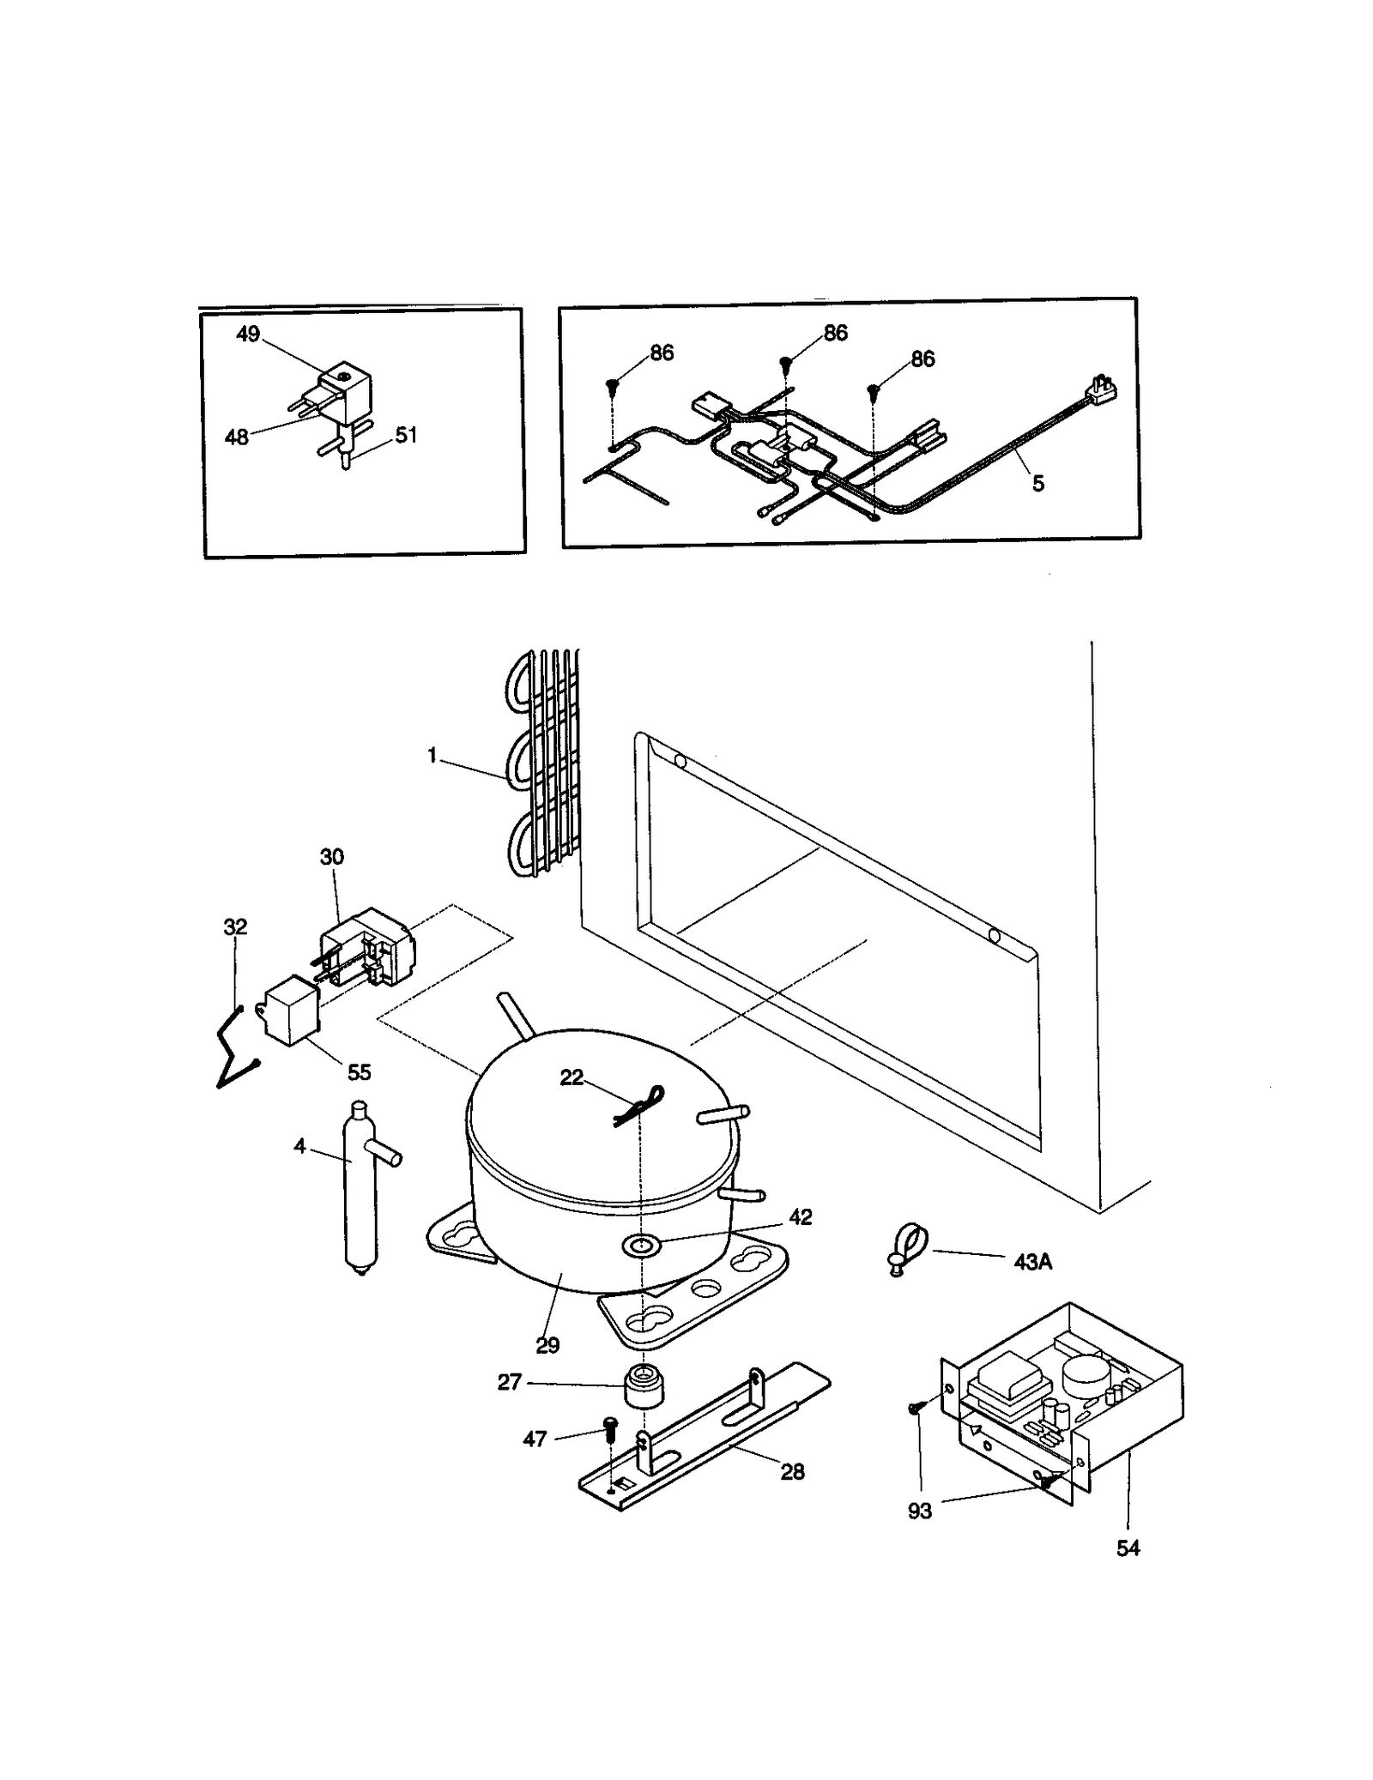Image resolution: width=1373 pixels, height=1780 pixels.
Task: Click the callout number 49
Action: point(248,334)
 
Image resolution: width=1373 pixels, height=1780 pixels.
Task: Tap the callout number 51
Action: point(406,435)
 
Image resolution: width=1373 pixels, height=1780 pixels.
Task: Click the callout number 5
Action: point(1038,484)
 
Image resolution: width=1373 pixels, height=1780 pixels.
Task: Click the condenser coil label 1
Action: point(432,755)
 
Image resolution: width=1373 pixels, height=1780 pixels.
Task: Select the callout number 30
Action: point(332,856)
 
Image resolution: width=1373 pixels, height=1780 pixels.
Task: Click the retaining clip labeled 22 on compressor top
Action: point(639,1107)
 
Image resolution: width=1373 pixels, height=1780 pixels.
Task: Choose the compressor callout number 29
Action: point(547,1345)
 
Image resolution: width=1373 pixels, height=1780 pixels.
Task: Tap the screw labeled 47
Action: point(611,1427)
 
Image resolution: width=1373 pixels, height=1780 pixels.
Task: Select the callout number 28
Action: point(792,1472)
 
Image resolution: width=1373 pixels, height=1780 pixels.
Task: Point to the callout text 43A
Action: point(1032,1262)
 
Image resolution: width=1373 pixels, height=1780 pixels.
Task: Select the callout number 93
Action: point(919,1511)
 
